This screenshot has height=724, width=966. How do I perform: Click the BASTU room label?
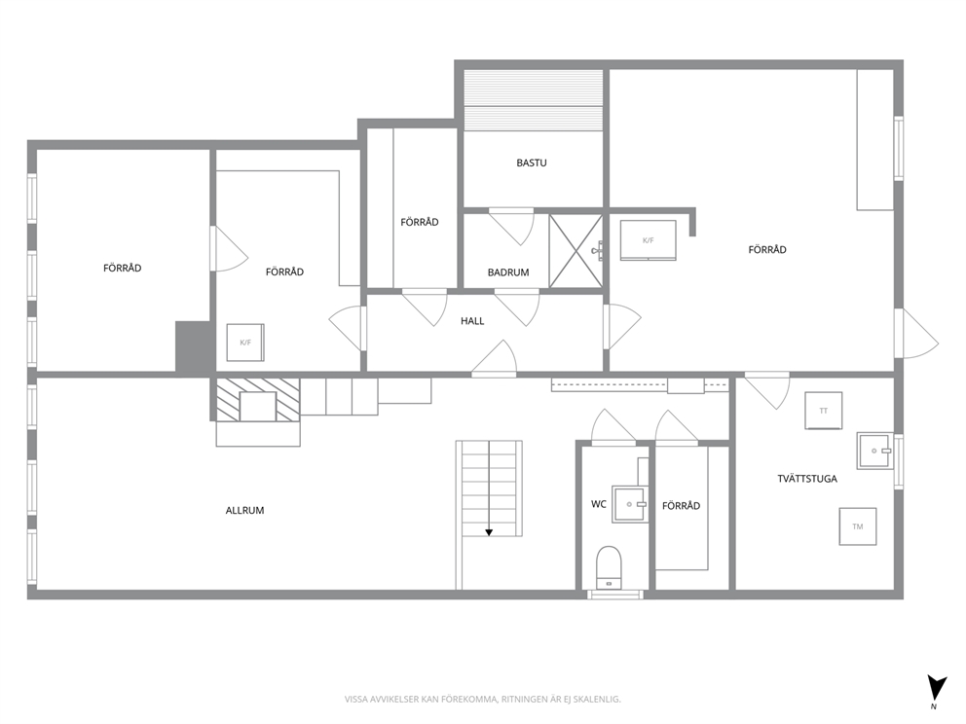click(531, 163)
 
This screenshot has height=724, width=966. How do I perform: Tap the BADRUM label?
click(508, 272)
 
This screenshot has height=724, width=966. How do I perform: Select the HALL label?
click(472, 321)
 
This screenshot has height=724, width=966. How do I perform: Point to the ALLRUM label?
click(244, 510)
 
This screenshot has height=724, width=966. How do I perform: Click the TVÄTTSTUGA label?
click(807, 479)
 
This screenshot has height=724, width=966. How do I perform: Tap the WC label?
click(598, 504)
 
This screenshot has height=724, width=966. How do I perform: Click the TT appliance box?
click(824, 411)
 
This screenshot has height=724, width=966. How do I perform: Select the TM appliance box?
click(858, 526)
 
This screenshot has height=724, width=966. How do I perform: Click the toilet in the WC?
click(609, 567)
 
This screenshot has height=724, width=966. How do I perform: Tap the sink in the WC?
click(630, 505)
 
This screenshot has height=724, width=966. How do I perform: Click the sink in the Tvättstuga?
click(874, 451)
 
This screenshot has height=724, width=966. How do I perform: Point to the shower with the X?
click(576, 250)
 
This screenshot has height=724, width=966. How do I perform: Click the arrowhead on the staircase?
click(489, 532)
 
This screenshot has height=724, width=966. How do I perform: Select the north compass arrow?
click(937, 686)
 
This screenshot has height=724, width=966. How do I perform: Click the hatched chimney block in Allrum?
click(257, 400)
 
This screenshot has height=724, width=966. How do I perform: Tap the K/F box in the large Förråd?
click(648, 240)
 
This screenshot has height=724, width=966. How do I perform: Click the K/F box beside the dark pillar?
click(245, 343)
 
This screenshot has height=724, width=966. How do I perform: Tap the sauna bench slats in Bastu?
click(533, 100)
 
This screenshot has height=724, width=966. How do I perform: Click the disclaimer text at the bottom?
click(482, 700)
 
